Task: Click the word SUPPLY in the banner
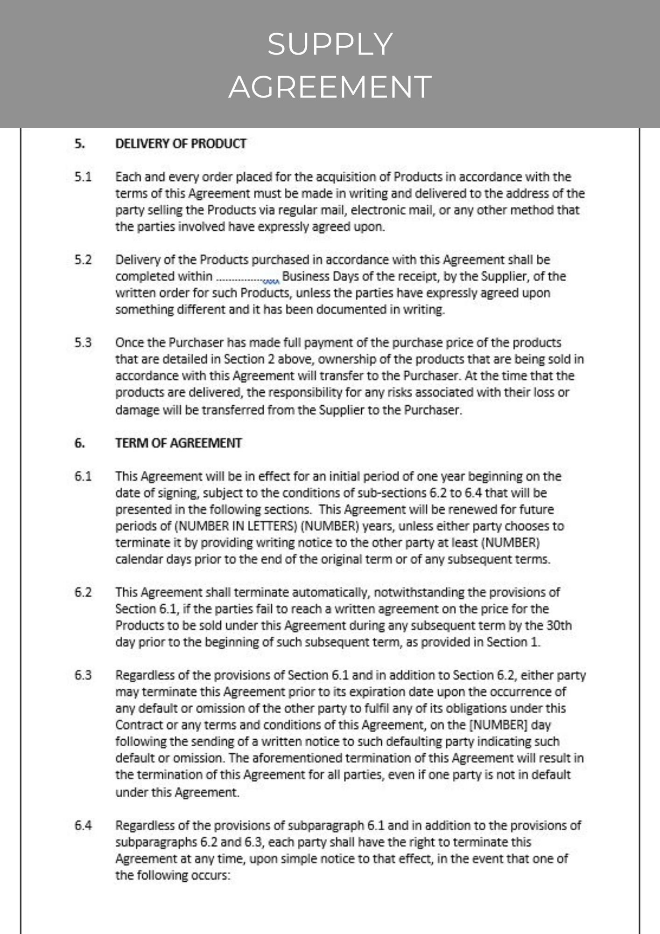[x=330, y=44]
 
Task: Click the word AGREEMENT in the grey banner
[x=330, y=87]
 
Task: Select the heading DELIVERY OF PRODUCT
[x=181, y=144]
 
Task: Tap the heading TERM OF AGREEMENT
[x=178, y=443]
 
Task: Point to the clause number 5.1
[x=83, y=177]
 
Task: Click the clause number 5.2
[x=83, y=260]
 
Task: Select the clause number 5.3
[x=83, y=343]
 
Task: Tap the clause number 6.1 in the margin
[x=83, y=477]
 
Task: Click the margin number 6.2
[x=83, y=593]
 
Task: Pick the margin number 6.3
[x=83, y=675]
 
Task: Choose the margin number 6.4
[x=83, y=826]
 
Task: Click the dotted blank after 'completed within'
[x=247, y=278]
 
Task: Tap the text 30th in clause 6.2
[x=558, y=626]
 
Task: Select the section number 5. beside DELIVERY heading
[x=80, y=144]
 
